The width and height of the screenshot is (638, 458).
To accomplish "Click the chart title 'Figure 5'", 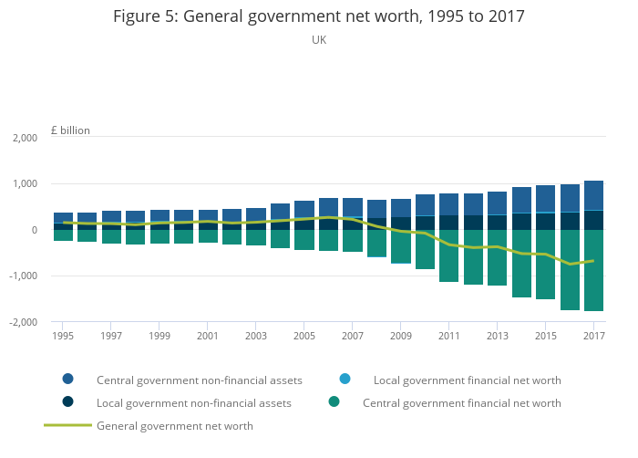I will (x=318, y=16).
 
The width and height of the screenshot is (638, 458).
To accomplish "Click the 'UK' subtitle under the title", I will (x=319, y=40).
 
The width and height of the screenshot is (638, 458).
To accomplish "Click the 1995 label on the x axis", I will (x=64, y=336).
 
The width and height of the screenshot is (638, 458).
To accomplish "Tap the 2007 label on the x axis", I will (x=352, y=336).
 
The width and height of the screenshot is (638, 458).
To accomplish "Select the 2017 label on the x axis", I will (x=592, y=336).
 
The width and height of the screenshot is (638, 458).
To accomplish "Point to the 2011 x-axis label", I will (x=448, y=336).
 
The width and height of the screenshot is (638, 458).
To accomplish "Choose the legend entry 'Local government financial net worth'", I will (x=467, y=380).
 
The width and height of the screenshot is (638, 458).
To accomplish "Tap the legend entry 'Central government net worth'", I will (x=461, y=402).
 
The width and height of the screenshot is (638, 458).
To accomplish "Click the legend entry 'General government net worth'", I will (x=174, y=425).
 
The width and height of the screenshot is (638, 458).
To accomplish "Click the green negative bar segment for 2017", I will (x=593, y=270).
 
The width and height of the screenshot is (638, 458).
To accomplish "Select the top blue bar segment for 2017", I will (x=593, y=195).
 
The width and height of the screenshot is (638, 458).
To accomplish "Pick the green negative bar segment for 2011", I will (x=448, y=255).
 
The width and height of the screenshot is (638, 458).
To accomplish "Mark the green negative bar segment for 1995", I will (x=64, y=235).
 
